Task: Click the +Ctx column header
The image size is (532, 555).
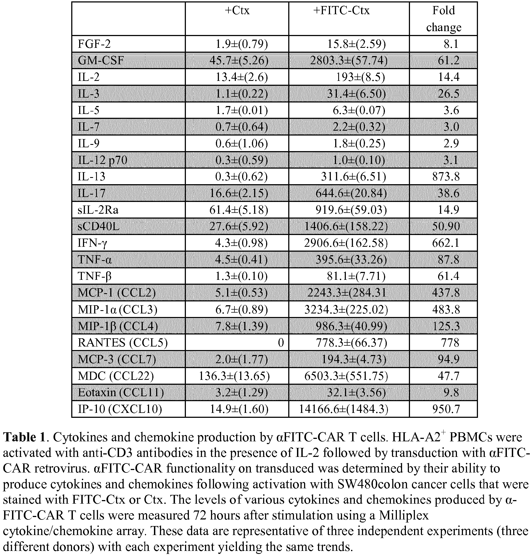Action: click(x=237, y=11)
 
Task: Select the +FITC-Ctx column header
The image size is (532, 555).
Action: click(x=341, y=11)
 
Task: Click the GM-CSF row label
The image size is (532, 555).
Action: click(x=101, y=61)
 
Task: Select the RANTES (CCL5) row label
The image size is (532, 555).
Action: click(x=123, y=343)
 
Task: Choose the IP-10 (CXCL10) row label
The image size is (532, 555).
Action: click(x=120, y=409)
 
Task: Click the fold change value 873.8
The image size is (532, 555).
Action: click(x=446, y=177)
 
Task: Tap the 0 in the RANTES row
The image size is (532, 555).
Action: click(x=281, y=343)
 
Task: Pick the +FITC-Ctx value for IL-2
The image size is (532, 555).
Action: click(x=360, y=77)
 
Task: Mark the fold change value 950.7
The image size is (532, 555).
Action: click(x=446, y=409)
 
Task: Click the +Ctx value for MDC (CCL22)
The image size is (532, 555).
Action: click(x=234, y=376)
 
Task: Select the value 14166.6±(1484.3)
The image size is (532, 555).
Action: click(x=343, y=409)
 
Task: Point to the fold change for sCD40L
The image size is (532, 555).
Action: click(x=446, y=227)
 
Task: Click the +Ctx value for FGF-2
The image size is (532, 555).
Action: click(x=241, y=44)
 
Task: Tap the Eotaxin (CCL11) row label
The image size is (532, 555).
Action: click(x=121, y=392)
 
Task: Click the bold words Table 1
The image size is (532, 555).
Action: click(x=24, y=437)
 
